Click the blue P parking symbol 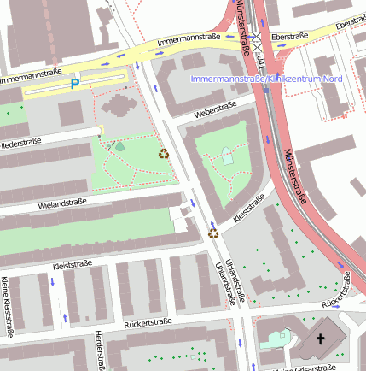(75, 84)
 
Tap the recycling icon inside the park (163, 154)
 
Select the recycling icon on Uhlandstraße (213, 231)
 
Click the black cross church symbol (321, 339)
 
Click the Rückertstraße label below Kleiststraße (148, 321)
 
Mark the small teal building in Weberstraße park (226, 156)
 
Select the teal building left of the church (276, 338)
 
